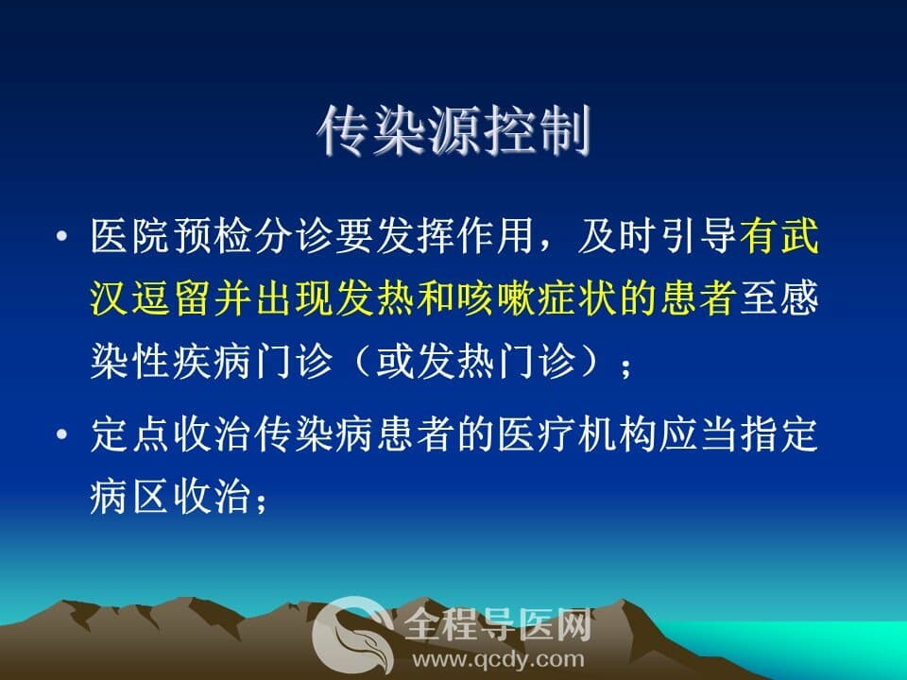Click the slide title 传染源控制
pyautogui.click(x=454, y=130)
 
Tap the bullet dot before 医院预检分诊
pyautogui.click(x=62, y=236)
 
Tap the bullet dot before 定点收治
pyautogui.click(x=62, y=434)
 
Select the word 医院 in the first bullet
pyautogui.click(x=130, y=235)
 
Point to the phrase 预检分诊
pyautogui.click(x=252, y=235)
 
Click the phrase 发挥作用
pyautogui.click(x=455, y=235)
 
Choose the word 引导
pyautogui.click(x=698, y=235)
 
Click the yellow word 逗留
pyautogui.click(x=171, y=298)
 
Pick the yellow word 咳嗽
pyautogui.click(x=496, y=298)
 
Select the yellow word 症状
pyautogui.click(x=576, y=298)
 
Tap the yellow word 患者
pyautogui.click(x=698, y=298)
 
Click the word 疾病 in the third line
pyautogui.click(x=212, y=362)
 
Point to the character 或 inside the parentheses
pyautogui.click(x=395, y=362)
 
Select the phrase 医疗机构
pyautogui.click(x=576, y=434)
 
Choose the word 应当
pyautogui.click(x=698, y=434)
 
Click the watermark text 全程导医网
pyautogui.click(x=498, y=625)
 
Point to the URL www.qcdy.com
pyautogui.click(x=498, y=660)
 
